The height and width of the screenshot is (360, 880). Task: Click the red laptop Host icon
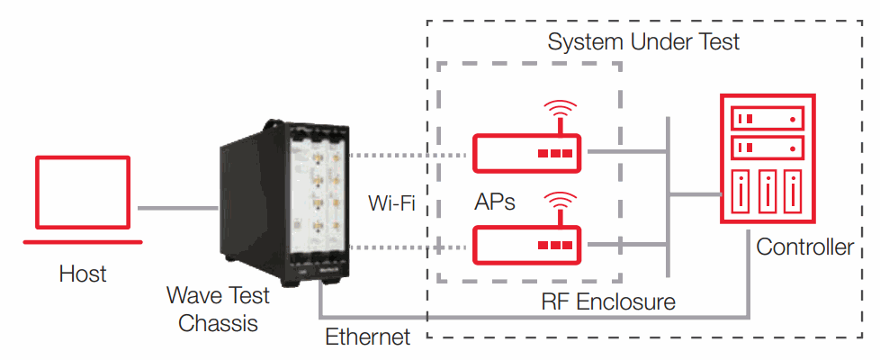pos(83,200)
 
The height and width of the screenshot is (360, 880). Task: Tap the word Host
pos(83,273)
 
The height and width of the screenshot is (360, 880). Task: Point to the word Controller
pos(804,247)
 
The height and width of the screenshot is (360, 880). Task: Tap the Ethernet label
pos(367,338)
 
